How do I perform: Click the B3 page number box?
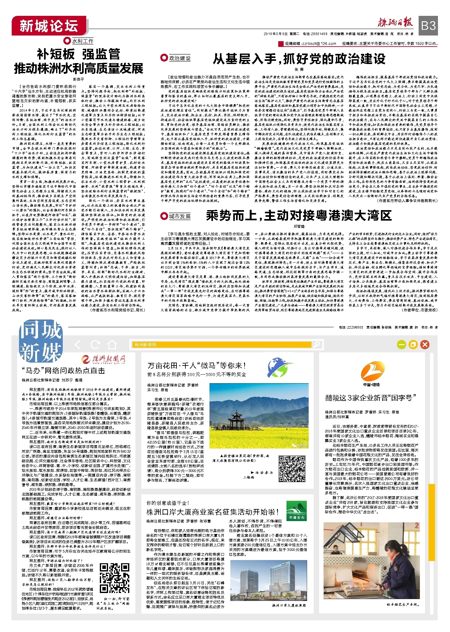pos(428,25)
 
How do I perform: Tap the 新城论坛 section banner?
pos(49,26)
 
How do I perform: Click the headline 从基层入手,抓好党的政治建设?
pos(299,59)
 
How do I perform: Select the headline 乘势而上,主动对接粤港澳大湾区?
pos(299,216)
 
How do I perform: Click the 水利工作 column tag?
pos(79,41)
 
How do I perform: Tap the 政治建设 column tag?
pos(176,58)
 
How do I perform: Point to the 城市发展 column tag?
pos(176,216)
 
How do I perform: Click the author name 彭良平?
pos(79,79)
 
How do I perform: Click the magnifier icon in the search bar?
pos(316,345)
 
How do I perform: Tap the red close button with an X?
pos(425,345)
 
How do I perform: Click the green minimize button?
pos(402,345)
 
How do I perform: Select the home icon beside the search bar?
pos(112,345)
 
